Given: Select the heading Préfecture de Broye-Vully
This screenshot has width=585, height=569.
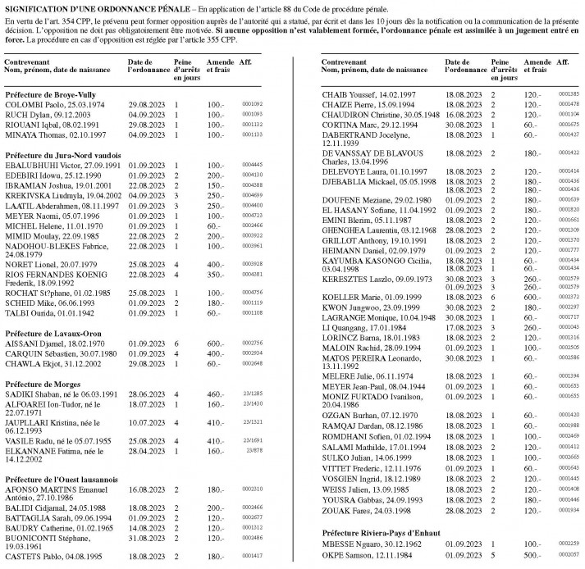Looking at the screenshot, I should tap(49, 95).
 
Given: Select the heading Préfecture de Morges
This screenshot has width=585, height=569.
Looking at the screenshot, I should tap(43, 384).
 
